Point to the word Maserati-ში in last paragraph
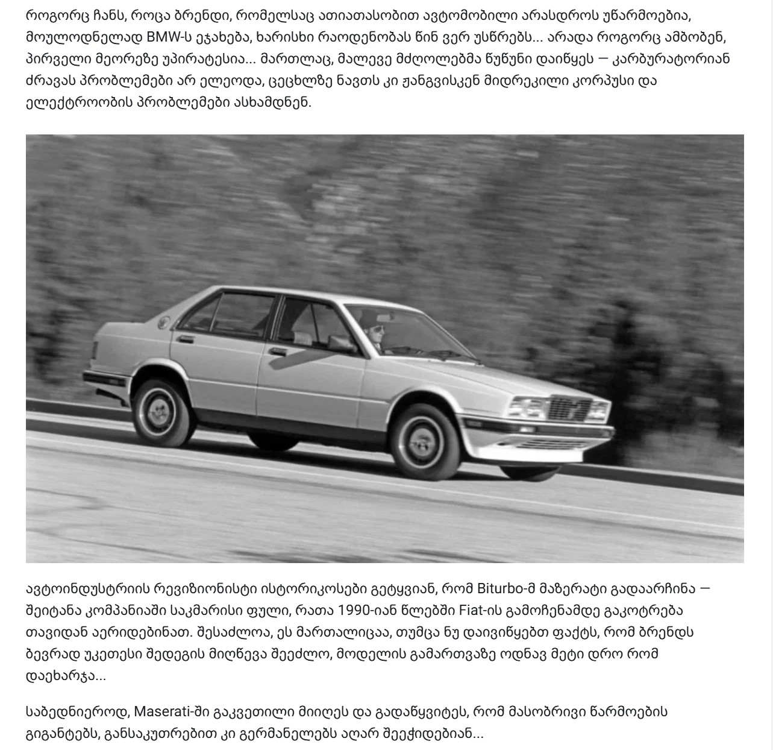[x=171, y=711]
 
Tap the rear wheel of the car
[x=161, y=412]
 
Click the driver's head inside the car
[x=375, y=334]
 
